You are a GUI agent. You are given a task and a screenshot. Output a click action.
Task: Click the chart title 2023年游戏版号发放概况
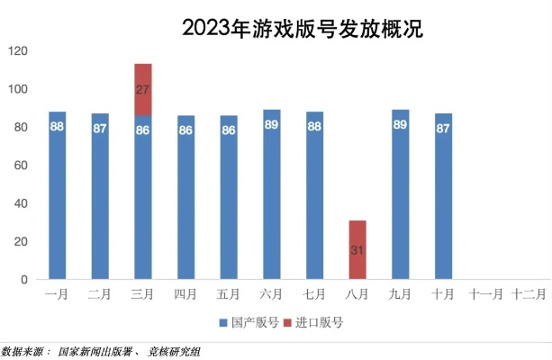[x=302, y=28]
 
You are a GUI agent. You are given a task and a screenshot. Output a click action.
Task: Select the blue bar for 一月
[x=58, y=207]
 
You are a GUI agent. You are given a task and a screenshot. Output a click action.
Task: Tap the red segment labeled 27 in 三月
[x=143, y=89]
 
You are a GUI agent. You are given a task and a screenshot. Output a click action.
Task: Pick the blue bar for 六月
[x=272, y=207]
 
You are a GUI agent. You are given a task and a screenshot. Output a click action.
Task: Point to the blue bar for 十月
[x=443, y=207]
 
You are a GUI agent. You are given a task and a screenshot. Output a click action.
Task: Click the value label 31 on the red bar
[x=357, y=249]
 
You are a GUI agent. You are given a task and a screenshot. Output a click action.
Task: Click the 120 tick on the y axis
[x=17, y=51]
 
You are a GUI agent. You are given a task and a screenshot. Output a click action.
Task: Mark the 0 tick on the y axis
[x=23, y=280]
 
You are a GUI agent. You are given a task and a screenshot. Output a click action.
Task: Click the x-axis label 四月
[x=186, y=293]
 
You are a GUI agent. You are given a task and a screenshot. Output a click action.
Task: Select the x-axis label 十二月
[x=528, y=293]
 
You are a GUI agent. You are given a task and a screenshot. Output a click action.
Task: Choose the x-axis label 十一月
[x=485, y=293]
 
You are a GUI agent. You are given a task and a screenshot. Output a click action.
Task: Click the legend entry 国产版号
[x=248, y=321]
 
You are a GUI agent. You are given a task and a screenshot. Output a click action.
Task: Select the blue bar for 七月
[x=314, y=207]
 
